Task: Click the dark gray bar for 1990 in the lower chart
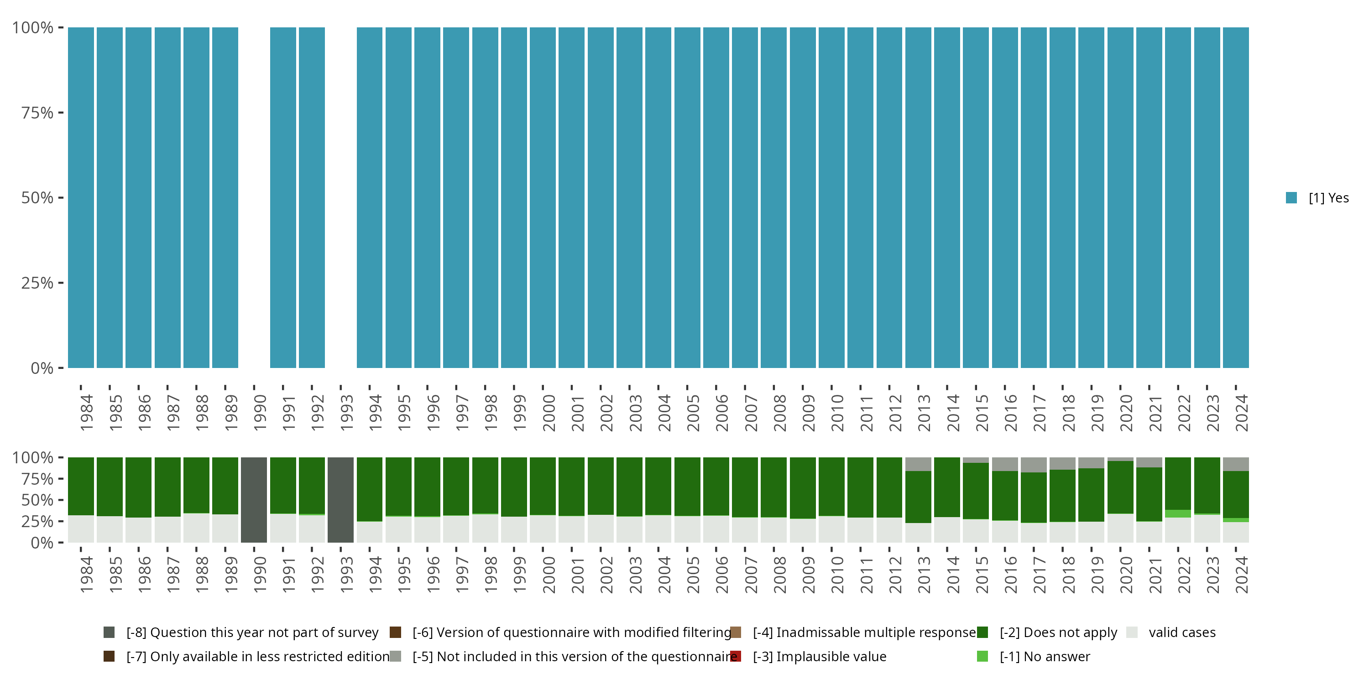point(254,500)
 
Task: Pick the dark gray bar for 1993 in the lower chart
point(341,500)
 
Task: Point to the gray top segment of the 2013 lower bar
point(918,464)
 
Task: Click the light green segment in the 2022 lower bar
point(1178,513)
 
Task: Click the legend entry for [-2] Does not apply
point(1058,632)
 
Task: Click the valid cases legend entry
point(1181,632)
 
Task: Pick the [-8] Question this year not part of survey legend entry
point(252,632)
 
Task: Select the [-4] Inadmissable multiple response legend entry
point(863,632)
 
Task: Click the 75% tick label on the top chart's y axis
point(37,113)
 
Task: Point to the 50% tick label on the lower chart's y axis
point(37,500)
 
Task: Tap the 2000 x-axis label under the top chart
point(549,413)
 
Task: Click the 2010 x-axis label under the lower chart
point(837,575)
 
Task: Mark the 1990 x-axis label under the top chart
point(259,413)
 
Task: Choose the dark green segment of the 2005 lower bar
point(687,486)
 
